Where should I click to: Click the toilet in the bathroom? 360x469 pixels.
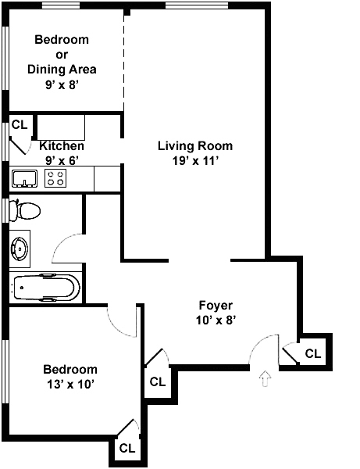coord(24,210)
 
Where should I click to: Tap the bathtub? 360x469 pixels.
coord(46,287)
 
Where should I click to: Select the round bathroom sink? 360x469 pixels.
coord(20,249)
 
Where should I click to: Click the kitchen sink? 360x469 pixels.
coord(24,178)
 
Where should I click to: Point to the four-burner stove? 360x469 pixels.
coord(55,178)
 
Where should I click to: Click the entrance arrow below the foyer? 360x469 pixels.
coord(265,379)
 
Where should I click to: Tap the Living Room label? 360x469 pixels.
coord(195,146)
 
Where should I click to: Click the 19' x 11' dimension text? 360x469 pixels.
coord(195,161)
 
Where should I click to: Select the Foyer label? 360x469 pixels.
coord(216,306)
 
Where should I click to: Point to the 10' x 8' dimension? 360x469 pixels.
coord(216,320)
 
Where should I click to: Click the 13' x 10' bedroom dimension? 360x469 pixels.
coord(70,384)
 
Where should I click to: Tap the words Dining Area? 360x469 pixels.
coord(62,70)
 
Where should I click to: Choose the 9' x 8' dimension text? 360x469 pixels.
coord(62,85)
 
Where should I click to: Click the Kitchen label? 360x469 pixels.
coord(62,146)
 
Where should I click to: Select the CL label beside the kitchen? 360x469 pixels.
coord(20,124)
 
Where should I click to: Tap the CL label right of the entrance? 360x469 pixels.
coord(313,353)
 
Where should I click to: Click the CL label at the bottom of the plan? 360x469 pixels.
coord(127,448)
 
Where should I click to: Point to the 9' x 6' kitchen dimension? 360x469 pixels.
coord(62,161)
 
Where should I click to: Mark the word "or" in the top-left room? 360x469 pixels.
coord(62,55)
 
